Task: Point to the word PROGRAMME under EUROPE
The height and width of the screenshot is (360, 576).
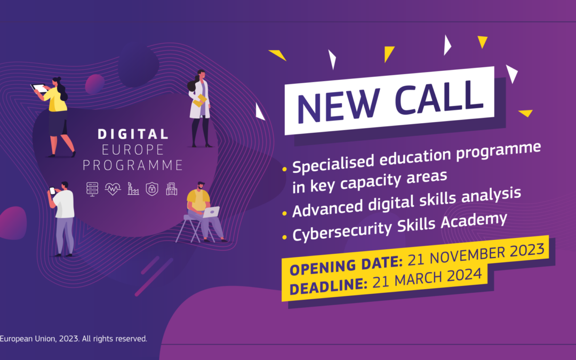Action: tap(133, 165)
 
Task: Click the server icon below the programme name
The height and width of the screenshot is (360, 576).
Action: tap(93, 188)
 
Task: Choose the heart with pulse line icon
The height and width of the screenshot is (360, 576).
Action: tap(113, 188)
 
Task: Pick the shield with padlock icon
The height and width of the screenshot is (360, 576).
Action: tap(153, 189)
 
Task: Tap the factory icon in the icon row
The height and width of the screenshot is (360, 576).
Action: tap(133, 188)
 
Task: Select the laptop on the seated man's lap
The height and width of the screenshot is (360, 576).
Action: tap(211, 212)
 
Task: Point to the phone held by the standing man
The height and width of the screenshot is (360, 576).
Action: tap(52, 191)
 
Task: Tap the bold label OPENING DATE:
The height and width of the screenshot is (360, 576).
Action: tap(346, 265)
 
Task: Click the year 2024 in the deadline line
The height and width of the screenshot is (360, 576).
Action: tap(467, 275)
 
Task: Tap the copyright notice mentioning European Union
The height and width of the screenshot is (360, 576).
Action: tap(73, 339)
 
